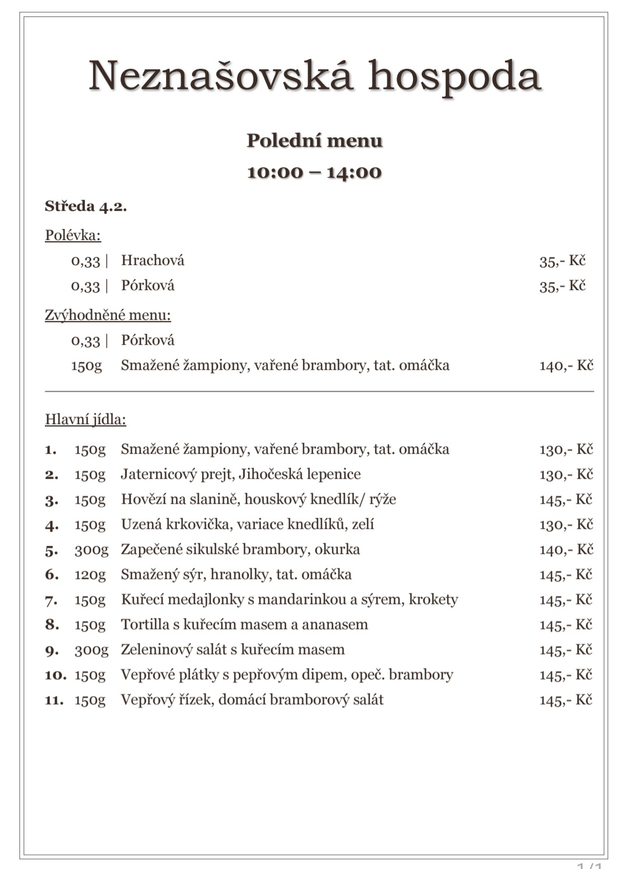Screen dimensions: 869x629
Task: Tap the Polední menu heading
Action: [314, 140]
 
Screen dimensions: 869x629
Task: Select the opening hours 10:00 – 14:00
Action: [314, 172]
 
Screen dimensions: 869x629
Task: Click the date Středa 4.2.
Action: [86, 206]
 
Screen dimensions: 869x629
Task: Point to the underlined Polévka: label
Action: [73, 235]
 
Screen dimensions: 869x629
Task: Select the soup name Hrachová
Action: [153, 260]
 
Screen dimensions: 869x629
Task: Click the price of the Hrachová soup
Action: [562, 261]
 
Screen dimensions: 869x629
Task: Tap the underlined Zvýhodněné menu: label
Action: [108, 315]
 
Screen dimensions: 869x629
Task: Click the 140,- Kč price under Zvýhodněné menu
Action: [566, 366]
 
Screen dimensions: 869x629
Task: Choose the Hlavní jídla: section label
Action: [86, 419]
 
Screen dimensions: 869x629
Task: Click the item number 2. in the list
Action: [51, 475]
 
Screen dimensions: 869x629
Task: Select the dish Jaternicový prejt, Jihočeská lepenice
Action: [241, 475]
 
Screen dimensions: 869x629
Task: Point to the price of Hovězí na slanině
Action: [566, 500]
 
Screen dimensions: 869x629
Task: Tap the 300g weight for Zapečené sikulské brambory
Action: [91, 550]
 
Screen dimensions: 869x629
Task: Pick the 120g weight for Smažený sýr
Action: [90, 575]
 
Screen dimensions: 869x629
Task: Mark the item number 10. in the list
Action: [55, 675]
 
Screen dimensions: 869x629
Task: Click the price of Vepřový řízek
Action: [566, 700]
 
